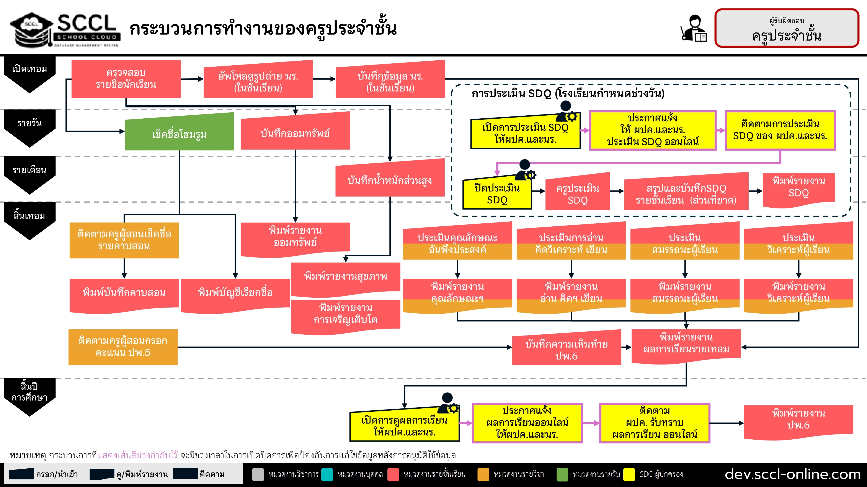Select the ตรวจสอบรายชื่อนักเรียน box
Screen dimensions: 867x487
pyautogui.click(x=126, y=79)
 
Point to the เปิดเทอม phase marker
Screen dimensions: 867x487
pyautogui.click(x=30, y=74)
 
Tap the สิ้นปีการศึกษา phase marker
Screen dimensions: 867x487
pyautogui.click(x=30, y=397)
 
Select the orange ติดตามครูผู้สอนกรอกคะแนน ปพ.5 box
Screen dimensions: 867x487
pyautogui.click(x=123, y=347)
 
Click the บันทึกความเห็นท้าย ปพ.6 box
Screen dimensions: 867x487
pyautogui.click(x=567, y=348)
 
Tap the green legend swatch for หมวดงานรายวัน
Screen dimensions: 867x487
pyautogui.click(x=562, y=474)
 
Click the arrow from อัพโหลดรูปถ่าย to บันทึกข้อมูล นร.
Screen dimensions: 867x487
pyautogui.click(x=324, y=79)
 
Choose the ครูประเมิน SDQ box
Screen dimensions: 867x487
pyautogui.click(x=578, y=192)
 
